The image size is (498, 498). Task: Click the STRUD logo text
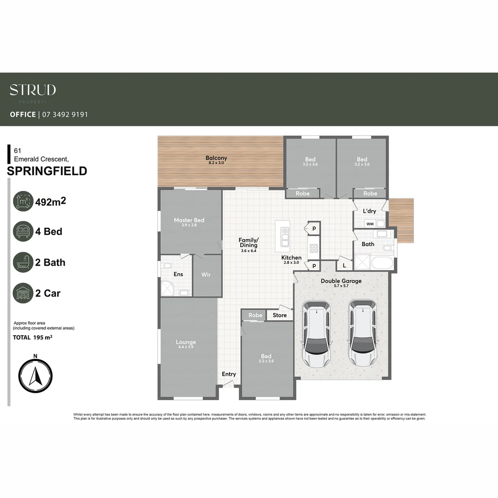click(x=33, y=90)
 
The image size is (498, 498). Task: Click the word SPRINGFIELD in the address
click(x=47, y=171)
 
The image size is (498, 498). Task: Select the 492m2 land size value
click(x=48, y=202)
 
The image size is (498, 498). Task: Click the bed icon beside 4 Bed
click(x=23, y=231)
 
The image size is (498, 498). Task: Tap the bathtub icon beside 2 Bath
click(x=23, y=262)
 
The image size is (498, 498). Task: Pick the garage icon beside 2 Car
click(x=23, y=293)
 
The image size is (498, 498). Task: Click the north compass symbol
click(x=36, y=374)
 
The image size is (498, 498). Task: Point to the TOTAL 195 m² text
click(x=32, y=338)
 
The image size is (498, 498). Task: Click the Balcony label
click(x=216, y=158)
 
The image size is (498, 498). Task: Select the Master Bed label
click(x=189, y=220)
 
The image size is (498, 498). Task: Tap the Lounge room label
click(x=186, y=342)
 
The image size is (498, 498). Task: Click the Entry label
click(x=229, y=374)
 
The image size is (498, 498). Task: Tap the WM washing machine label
click(x=370, y=224)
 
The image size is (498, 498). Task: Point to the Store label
click(x=279, y=315)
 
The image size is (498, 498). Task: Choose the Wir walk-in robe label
click(x=206, y=274)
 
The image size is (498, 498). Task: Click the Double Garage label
click(x=342, y=281)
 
